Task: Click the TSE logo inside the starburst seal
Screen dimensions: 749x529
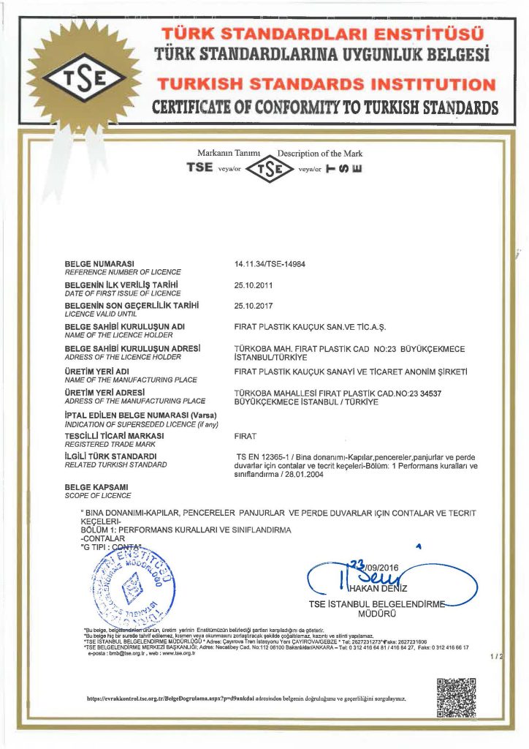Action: pyautogui.click(x=68, y=75)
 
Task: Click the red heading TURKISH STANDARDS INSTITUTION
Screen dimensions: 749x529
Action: pyautogui.click(x=329, y=84)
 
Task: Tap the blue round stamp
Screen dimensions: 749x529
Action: pyautogui.click(x=132, y=587)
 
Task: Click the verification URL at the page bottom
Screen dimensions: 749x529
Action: pyautogui.click(x=246, y=699)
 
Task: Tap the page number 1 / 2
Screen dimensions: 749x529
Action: pyautogui.click(x=497, y=658)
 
